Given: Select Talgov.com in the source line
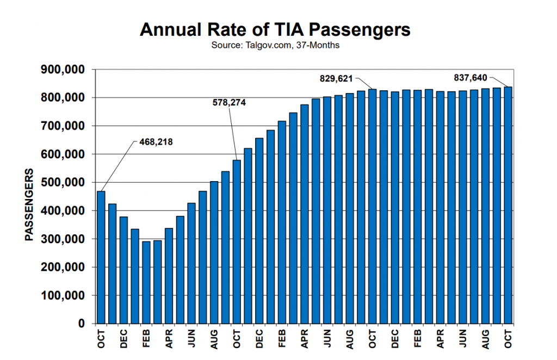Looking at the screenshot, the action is click(268, 46).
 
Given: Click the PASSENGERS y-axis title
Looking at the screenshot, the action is click(29, 204).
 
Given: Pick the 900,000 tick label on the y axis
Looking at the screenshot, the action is click(63, 70).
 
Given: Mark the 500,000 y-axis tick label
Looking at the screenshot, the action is click(63, 183).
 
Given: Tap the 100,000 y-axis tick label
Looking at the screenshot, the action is click(63, 295).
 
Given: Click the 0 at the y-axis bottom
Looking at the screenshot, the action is click(82, 324).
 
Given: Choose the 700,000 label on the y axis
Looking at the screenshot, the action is click(63, 126).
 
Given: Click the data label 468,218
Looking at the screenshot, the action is click(156, 142).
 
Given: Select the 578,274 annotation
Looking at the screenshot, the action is click(229, 103).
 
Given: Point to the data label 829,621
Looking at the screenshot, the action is click(336, 78).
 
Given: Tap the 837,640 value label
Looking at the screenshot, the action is click(471, 77).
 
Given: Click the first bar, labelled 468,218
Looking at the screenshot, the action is click(101, 257).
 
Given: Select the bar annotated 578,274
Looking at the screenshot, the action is click(237, 242).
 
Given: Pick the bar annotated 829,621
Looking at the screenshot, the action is click(372, 206).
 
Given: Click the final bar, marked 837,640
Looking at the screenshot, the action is click(508, 205).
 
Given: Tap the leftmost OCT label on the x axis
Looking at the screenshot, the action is click(101, 339).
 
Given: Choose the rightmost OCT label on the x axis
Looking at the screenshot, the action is click(508, 339).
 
